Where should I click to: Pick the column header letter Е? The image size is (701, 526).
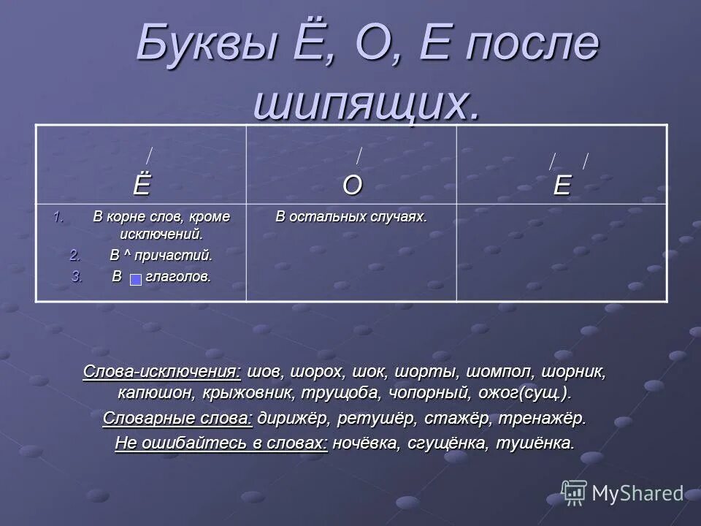(562, 186)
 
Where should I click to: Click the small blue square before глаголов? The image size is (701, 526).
(136, 279)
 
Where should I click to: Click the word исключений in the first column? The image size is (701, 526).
(161, 235)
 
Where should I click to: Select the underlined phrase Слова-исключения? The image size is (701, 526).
(162, 371)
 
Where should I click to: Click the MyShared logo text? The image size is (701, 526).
(637, 493)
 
